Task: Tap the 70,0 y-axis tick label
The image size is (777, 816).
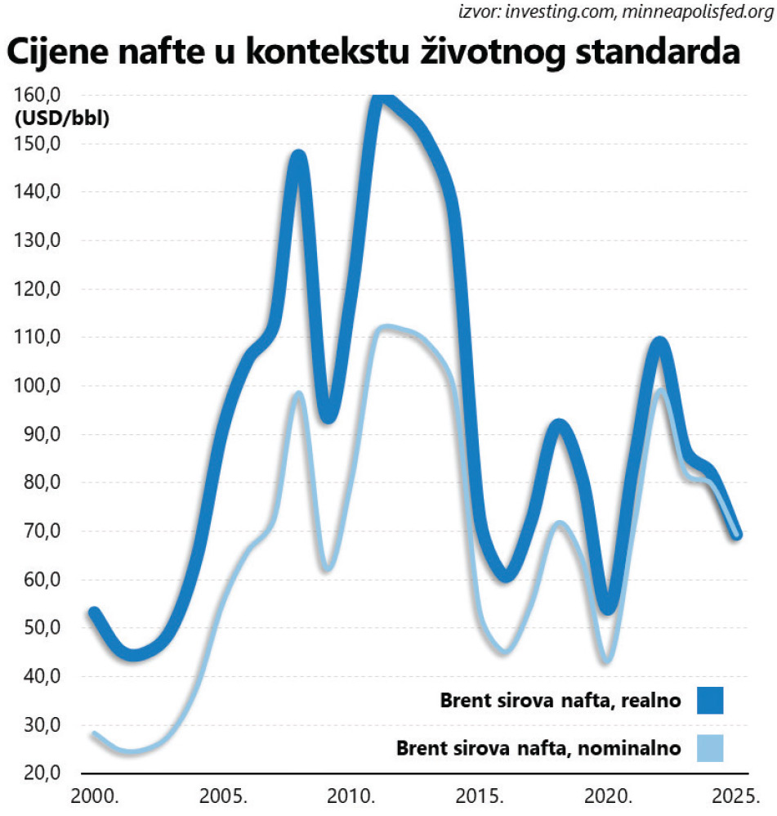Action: tap(39, 531)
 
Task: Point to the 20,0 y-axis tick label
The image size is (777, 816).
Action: tap(39, 773)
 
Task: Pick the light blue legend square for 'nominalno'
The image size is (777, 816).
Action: tap(710, 747)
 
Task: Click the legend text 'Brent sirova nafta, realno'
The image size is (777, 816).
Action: tap(560, 701)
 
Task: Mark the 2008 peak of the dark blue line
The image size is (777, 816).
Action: tap(299, 157)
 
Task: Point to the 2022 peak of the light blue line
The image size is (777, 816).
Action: tap(660, 391)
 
